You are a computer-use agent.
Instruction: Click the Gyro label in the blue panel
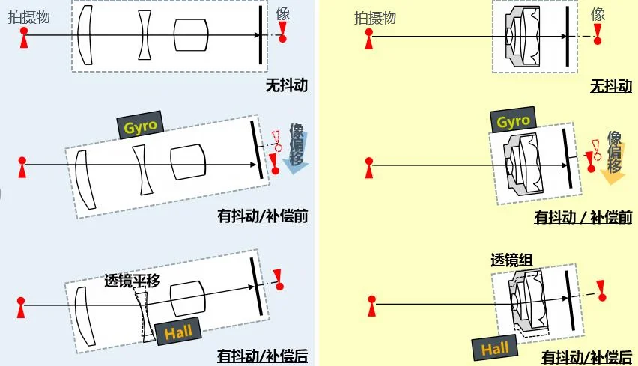click(140, 125)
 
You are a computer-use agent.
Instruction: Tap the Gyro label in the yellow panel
click(513, 120)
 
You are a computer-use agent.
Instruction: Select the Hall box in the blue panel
click(178, 332)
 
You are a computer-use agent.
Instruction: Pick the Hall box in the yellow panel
click(495, 349)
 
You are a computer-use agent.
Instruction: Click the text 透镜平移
click(133, 280)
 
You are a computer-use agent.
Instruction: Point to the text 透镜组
click(511, 260)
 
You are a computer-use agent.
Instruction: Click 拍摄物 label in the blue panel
click(29, 17)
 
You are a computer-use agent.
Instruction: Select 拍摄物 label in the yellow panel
click(374, 18)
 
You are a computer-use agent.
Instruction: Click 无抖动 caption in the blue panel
click(287, 85)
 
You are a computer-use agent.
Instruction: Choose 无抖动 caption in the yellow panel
click(611, 86)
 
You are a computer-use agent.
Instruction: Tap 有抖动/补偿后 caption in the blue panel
click(262, 356)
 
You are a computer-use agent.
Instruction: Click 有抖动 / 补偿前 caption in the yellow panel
click(583, 217)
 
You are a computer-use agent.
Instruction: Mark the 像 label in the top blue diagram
click(282, 13)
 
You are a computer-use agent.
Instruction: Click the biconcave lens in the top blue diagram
click(145, 35)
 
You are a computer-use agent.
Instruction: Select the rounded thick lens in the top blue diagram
click(191, 35)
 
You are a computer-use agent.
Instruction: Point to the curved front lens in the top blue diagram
click(85, 35)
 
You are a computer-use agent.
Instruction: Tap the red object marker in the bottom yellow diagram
click(372, 306)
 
